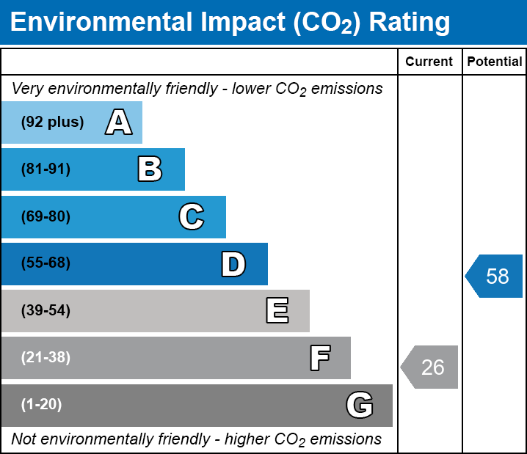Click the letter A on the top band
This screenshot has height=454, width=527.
(x=118, y=122)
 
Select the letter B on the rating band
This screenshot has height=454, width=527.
(x=150, y=169)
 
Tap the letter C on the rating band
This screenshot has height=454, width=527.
(x=191, y=216)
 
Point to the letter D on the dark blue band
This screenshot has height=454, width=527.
(x=233, y=264)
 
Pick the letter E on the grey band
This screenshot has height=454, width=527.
(x=277, y=311)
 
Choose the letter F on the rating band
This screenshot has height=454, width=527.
(x=319, y=358)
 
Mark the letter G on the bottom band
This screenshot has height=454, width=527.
(x=360, y=405)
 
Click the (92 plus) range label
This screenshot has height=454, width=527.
(x=52, y=122)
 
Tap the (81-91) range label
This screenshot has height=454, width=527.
(x=46, y=169)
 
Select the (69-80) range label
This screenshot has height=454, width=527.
(x=46, y=216)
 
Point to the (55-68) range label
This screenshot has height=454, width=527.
(x=46, y=263)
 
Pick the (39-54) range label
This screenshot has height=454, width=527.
(x=46, y=311)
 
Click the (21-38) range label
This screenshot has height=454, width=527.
(x=46, y=358)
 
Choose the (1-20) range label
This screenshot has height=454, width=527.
(x=42, y=405)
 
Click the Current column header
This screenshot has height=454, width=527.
(x=429, y=62)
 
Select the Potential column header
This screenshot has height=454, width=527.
(x=495, y=62)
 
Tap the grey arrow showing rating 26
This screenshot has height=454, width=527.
(x=430, y=367)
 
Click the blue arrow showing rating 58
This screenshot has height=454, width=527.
(x=495, y=276)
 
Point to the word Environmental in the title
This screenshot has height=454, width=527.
(x=100, y=23)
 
